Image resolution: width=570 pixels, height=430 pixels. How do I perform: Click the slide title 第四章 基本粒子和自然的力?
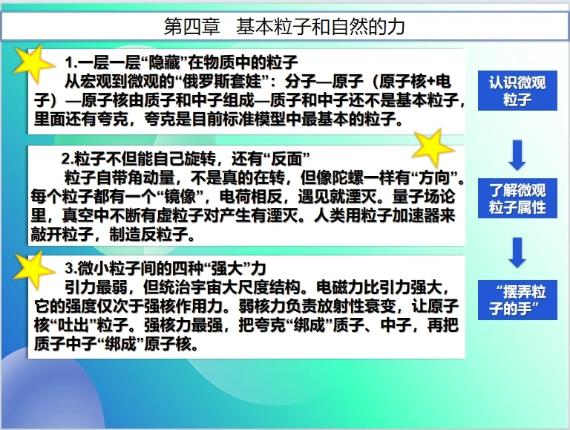point(284,27)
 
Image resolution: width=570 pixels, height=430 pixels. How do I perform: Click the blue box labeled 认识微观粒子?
point(517,91)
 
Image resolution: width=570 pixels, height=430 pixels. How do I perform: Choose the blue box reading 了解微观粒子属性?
point(517,198)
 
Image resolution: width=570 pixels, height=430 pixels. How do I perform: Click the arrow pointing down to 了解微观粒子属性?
point(517,154)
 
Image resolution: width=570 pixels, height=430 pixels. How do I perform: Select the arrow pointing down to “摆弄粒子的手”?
point(517,252)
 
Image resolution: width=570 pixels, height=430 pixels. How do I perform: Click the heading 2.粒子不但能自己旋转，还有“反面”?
point(185,159)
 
